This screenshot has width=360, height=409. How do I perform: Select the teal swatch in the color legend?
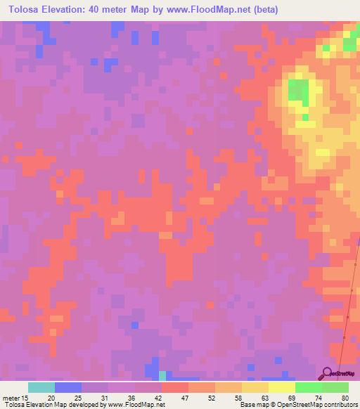click(41, 387)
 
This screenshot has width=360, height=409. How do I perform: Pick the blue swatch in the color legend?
click(68, 387)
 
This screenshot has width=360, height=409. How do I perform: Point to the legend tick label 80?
click(345, 398)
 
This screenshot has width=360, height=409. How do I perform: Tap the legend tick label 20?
click(51, 398)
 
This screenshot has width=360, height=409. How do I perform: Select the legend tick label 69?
click(291, 398)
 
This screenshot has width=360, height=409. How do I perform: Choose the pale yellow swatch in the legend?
click(281, 387)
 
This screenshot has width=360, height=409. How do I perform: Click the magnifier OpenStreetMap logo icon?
click(326, 373)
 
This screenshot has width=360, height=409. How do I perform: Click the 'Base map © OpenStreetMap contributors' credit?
click(298, 405)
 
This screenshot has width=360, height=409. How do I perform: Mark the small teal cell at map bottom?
click(162, 375)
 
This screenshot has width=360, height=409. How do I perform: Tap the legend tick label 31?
click(104, 398)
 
